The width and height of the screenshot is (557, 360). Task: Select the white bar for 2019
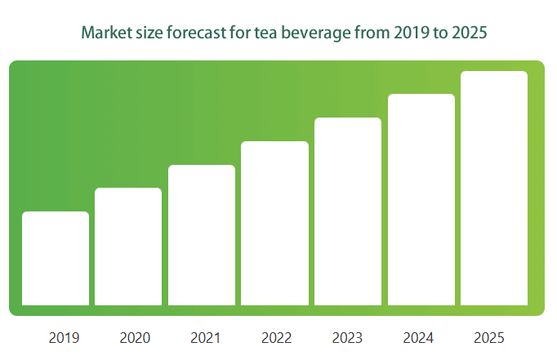[56, 258]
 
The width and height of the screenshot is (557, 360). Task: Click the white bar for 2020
[128, 247]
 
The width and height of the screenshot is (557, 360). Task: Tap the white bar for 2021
[202, 235]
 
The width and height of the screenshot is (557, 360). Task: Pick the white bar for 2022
[274, 224]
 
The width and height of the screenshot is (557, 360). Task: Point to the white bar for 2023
[348, 211]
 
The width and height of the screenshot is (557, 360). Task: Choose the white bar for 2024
[421, 199]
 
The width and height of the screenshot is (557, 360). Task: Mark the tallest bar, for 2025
[494, 189]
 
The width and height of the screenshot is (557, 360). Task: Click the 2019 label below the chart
[64, 338]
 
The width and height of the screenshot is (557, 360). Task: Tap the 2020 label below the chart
[135, 338]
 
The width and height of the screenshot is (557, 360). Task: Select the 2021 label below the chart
[205, 338]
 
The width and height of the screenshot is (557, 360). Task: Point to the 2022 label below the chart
[276, 338]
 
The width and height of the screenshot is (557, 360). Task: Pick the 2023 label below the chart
[347, 338]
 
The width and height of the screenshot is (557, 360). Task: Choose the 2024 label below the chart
[418, 338]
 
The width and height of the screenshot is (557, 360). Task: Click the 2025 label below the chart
[488, 338]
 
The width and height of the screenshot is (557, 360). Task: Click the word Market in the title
[103, 33]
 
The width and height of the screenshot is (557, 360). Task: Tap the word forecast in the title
[196, 33]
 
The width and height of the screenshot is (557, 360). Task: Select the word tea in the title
[265, 33]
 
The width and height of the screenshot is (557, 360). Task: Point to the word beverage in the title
[316, 33]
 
